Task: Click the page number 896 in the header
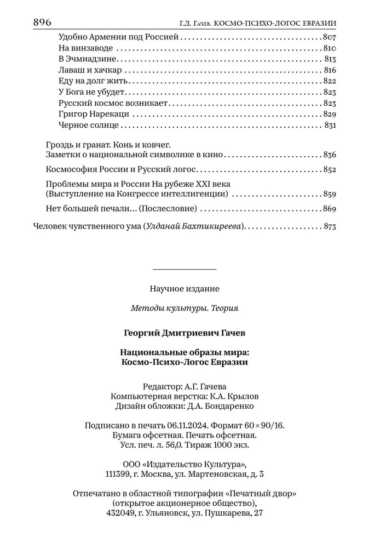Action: click(x=42, y=22)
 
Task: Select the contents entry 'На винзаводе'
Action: click(x=85, y=48)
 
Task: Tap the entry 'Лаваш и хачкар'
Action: click(x=89, y=70)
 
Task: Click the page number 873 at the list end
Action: click(x=328, y=225)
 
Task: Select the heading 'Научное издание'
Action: click(x=184, y=288)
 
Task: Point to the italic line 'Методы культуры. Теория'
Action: click(x=184, y=308)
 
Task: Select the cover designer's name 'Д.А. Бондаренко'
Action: click(x=224, y=406)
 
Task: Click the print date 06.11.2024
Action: click(x=215, y=426)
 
